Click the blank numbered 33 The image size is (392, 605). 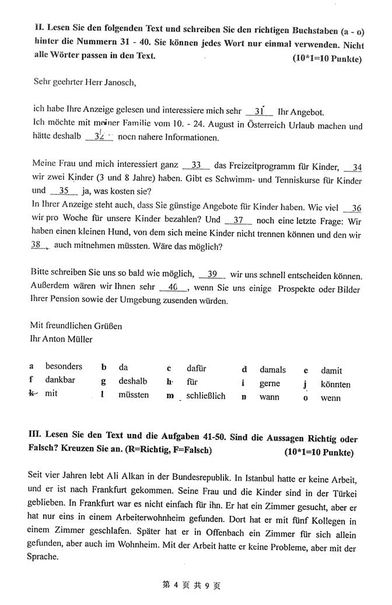coord(196,165)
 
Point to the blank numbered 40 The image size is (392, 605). coord(172,287)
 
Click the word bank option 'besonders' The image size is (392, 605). coord(64,367)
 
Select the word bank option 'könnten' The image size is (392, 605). coord(335,384)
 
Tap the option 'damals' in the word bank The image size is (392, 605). coord(272,370)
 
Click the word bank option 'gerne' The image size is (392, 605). coord(269,384)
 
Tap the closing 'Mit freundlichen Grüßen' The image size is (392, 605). coord(76,326)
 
